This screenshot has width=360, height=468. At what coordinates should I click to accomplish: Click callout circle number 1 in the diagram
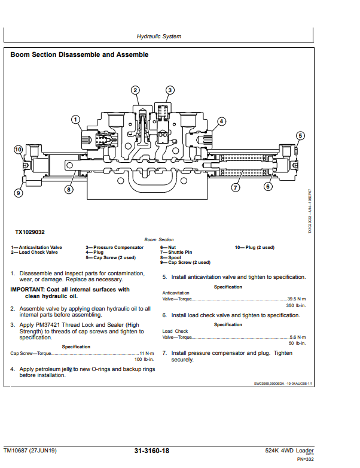[x=76, y=119]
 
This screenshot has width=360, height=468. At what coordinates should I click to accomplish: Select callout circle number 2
[x=136, y=90]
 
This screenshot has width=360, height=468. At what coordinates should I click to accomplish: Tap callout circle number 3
[x=170, y=90]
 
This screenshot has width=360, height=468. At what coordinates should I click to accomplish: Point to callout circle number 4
[x=221, y=121]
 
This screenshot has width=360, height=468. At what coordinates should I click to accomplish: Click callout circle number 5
[x=300, y=135]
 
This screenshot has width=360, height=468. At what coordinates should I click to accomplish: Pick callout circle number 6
[x=268, y=186]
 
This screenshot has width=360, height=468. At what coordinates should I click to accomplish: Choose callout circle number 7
[x=236, y=187]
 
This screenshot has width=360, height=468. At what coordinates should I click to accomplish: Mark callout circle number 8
[x=69, y=189]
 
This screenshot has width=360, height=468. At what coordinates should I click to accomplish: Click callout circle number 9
[x=18, y=193]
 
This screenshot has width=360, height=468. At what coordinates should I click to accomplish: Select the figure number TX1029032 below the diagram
[x=30, y=232]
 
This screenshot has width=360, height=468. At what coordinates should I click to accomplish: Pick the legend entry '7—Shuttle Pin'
[x=176, y=253]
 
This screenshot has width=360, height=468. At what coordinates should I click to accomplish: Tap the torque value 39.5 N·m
[x=297, y=298]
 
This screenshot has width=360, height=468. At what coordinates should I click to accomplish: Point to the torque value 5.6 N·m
[x=298, y=337]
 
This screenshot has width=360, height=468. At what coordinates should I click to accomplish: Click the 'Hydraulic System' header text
[x=159, y=37]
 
